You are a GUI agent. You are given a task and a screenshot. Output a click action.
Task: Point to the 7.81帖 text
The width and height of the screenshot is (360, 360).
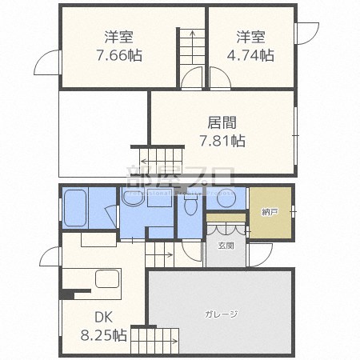[222, 141]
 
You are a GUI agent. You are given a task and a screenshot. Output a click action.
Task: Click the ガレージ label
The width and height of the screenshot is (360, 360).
[220, 314]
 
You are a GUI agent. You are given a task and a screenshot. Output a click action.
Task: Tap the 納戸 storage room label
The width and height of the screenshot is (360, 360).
[270, 212]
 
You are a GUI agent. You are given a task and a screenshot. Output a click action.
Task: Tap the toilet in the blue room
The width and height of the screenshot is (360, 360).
[190, 207]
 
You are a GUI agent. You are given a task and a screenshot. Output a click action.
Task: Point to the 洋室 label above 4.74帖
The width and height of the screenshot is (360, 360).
[250, 37]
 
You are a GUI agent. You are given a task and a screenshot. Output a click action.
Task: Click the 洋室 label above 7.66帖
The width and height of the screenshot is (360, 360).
[120, 37]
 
